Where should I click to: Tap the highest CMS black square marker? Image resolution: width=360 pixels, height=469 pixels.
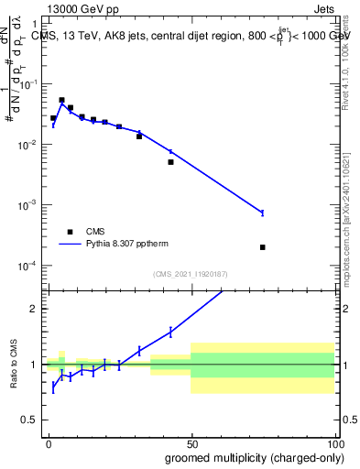[61, 100]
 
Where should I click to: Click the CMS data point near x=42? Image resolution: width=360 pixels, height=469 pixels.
[170, 162]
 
